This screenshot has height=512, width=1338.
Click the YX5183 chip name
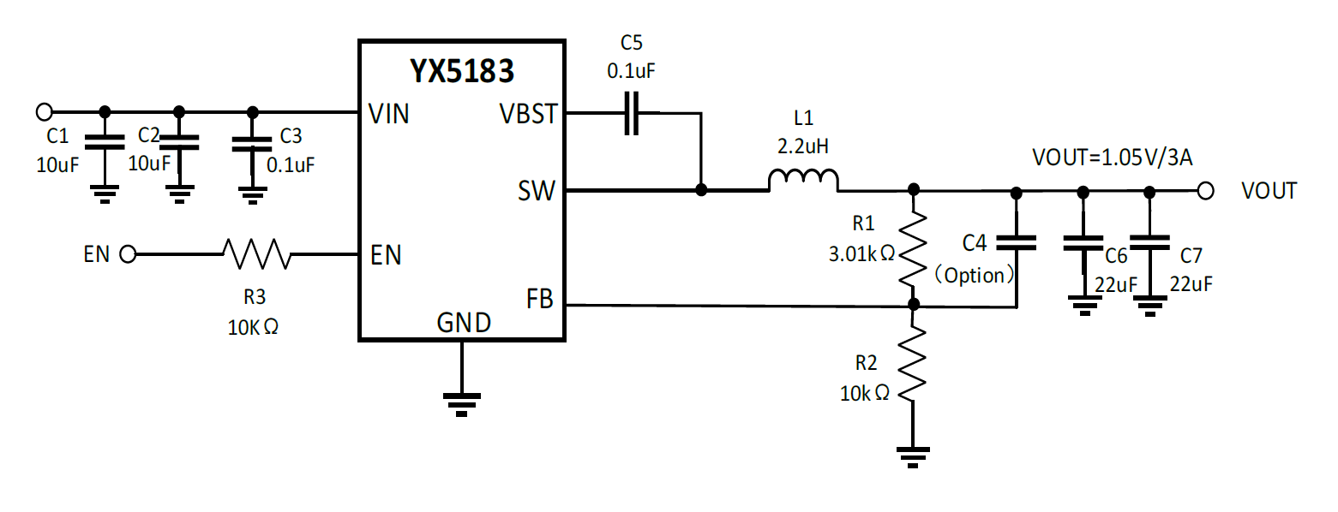(x=461, y=70)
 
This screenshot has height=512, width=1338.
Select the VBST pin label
(x=527, y=114)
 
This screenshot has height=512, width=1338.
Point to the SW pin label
(x=537, y=191)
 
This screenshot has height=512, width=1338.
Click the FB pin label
(x=540, y=300)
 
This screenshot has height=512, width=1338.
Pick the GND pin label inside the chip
(x=464, y=323)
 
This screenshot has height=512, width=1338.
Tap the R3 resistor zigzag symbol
(x=256, y=253)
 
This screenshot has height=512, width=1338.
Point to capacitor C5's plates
(x=631, y=113)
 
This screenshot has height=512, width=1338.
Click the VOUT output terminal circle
(x=1205, y=190)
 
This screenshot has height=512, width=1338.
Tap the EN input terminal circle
(x=129, y=253)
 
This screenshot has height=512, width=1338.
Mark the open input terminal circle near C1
(x=45, y=111)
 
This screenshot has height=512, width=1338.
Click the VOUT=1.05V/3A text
(x=1104, y=157)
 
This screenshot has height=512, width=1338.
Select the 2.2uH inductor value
(x=803, y=146)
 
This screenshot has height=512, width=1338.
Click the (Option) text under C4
(x=975, y=276)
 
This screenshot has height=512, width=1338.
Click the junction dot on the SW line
(x=701, y=190)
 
